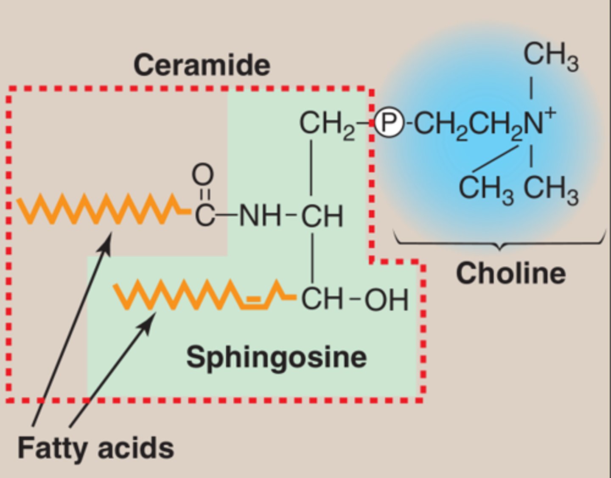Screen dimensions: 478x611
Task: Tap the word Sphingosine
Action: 276,357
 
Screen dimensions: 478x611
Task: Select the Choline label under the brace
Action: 510,273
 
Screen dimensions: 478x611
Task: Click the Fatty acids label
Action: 95,448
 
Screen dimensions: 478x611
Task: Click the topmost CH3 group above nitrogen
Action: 550,56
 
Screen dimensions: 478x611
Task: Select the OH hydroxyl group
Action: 387,300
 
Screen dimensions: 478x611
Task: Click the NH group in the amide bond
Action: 260,216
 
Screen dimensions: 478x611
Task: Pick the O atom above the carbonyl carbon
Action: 202,174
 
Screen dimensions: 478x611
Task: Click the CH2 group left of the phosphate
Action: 326,124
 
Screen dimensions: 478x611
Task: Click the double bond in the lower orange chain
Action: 253,301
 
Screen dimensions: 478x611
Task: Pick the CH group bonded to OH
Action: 322,299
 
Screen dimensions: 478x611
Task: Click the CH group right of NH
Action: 322,216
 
